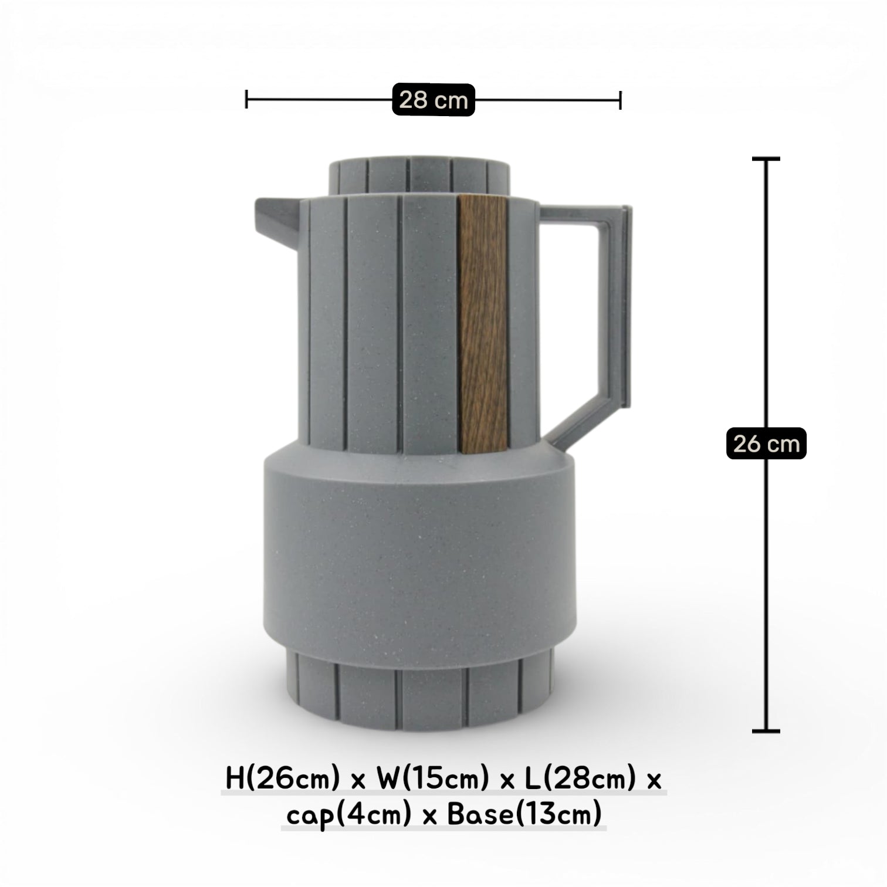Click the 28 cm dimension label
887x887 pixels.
[x=433, y=100]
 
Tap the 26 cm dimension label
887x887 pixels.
[x=766, y=443]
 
